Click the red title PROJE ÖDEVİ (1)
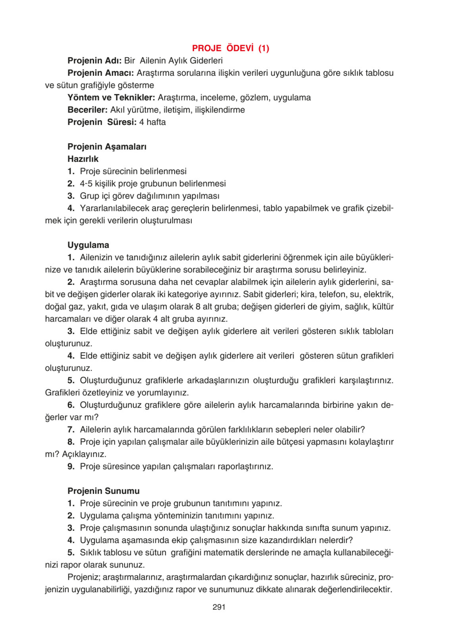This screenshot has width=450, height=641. (x=230, y=48)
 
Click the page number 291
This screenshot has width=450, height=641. (x=219, y=607)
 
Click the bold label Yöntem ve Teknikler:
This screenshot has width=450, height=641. (x=111, y=97)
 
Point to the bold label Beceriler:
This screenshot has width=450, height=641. (x=87, y=110)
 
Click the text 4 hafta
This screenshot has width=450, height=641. (x=153, y=122)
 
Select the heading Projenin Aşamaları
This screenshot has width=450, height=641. (x=107, y=146)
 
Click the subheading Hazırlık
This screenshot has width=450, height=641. (x=83, y=159)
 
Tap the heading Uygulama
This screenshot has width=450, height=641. (x=88, y=245)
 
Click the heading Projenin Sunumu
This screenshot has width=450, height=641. (x=103, y=491)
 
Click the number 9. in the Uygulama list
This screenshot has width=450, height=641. (x=71, y=466)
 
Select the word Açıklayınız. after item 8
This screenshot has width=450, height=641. (x=84, y=454)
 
